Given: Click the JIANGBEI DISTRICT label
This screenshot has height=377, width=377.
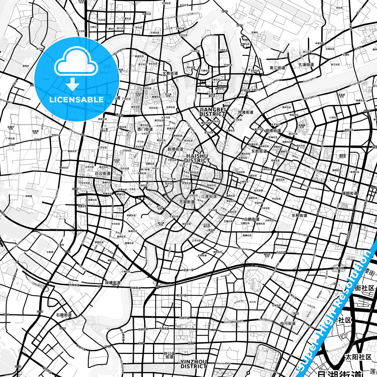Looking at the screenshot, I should (212, 112).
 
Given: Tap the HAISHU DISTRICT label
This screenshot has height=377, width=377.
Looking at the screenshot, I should (197, 158).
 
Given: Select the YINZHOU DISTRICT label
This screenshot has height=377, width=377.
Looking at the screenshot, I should (194, 364).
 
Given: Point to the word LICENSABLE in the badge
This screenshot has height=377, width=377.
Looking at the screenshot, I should (76, 99).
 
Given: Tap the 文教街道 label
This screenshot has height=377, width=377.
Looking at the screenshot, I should (170, 74).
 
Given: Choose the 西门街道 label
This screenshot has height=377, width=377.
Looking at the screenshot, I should (145, 129).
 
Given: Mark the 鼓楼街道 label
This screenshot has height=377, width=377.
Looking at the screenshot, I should (175, 149).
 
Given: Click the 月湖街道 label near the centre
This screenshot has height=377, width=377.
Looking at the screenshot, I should (187, 202).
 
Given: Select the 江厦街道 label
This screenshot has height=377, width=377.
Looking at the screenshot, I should (209, 196).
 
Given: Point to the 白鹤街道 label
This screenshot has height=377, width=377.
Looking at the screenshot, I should (252, 219).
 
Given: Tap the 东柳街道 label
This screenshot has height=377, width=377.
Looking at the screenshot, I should (299, 216).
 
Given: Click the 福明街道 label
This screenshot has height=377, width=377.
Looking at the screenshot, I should (350, 193).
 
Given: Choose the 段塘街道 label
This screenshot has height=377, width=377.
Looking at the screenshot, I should (113, 283).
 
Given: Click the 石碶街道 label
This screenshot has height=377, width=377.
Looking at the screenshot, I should (64, 315).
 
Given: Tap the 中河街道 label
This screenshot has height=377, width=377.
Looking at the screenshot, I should (288, 324).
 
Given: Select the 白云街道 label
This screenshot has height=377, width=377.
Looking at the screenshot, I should (103, 173).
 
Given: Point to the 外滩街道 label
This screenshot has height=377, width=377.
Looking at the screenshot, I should (246, 112).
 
